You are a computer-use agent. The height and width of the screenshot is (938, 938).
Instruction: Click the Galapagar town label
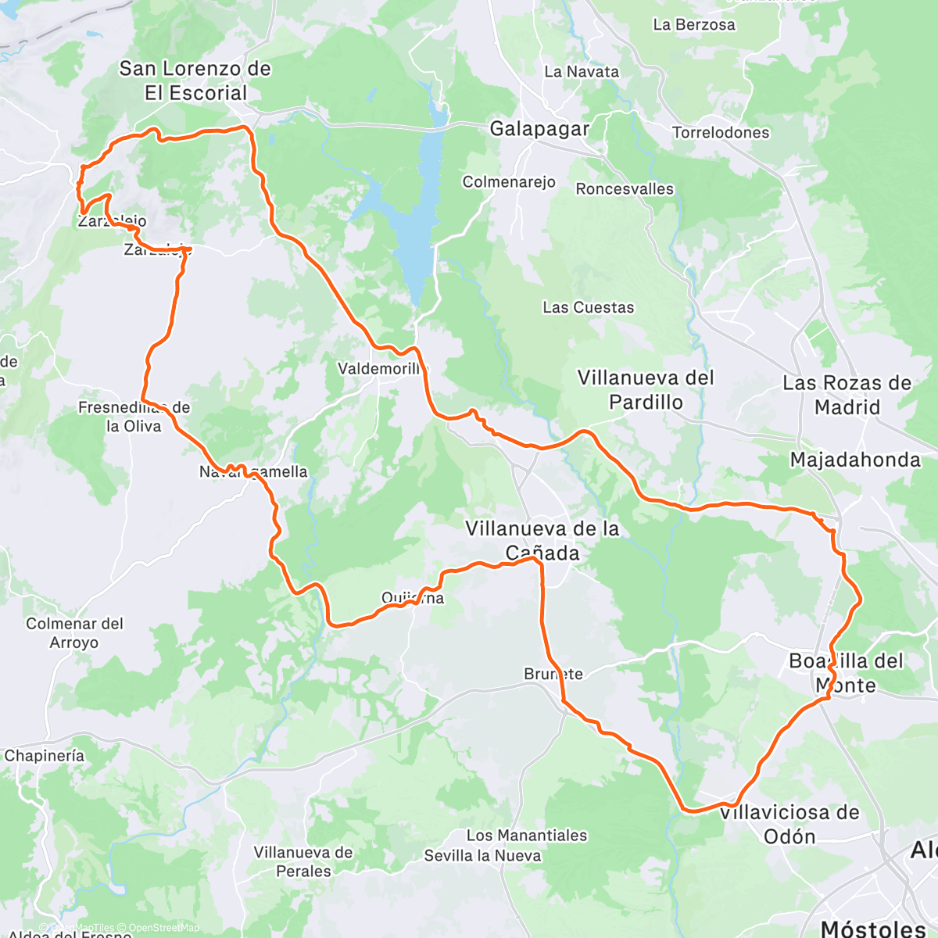pos(539,129)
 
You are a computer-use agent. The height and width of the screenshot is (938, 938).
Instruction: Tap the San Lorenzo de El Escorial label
pos(195,81)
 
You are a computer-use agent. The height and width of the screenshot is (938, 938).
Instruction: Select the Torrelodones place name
pos(721,133)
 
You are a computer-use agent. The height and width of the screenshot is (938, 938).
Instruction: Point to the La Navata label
pos(582,72)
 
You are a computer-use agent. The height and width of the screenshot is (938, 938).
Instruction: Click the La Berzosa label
pos(693,25)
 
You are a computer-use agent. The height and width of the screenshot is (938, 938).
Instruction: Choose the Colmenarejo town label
pos(509,182)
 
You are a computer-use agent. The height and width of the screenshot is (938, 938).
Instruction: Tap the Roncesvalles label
pos(625,189)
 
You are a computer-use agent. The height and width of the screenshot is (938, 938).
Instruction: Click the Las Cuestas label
pos(589,308)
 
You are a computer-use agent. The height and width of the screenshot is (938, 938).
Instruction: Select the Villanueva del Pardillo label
pos(646,390)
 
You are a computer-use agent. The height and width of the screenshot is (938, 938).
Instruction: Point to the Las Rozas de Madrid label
pos(847,395)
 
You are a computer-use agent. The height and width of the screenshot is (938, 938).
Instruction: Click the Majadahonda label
pos(855,460)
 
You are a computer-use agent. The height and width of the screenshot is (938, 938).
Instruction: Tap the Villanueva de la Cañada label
pos(542,541)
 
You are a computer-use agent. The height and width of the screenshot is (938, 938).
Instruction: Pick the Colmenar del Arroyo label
pos(74,633)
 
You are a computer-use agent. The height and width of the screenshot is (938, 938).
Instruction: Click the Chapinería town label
pos(45,756)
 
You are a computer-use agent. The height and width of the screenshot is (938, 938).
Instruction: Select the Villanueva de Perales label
pos(303,861)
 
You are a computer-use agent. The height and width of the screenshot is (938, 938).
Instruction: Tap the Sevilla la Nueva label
pos(482,856)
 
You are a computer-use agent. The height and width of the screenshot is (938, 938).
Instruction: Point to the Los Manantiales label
pos(526,836)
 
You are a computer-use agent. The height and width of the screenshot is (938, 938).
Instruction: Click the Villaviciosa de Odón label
pos(789,824)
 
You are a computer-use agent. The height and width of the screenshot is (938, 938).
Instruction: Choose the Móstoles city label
pos(873,928)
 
